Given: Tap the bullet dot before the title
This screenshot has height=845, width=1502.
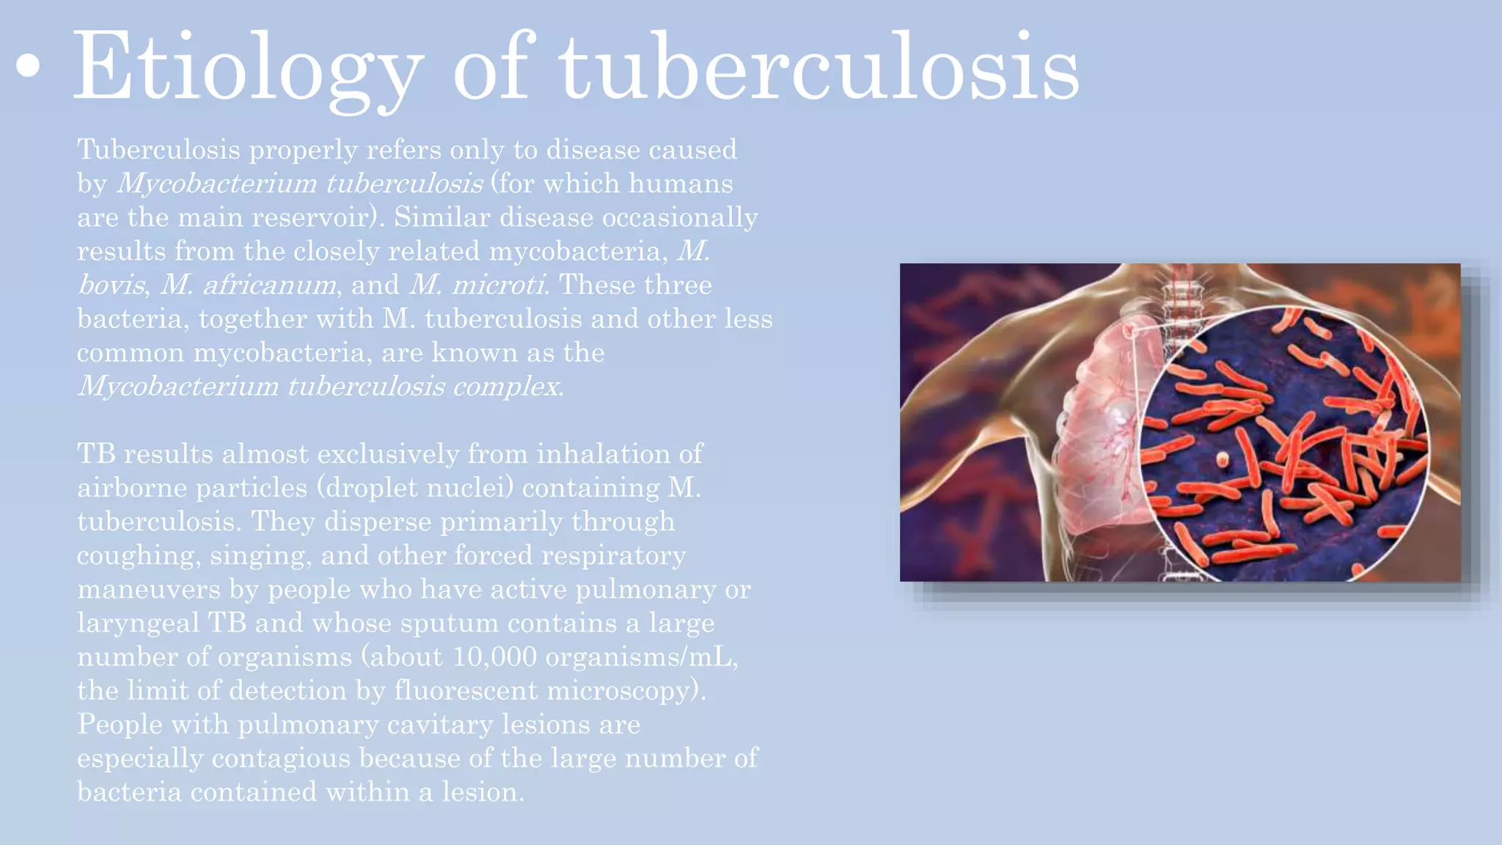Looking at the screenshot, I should click(28, 65).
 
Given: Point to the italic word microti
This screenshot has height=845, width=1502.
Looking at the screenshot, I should click(498, 285).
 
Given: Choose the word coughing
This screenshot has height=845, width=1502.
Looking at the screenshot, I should click(139, 556).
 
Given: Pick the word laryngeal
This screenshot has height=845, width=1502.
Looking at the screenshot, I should click(139, 623).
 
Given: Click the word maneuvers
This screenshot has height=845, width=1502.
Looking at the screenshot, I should click(149, 590).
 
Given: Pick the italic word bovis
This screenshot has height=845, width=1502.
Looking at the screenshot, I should click(111, 285).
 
